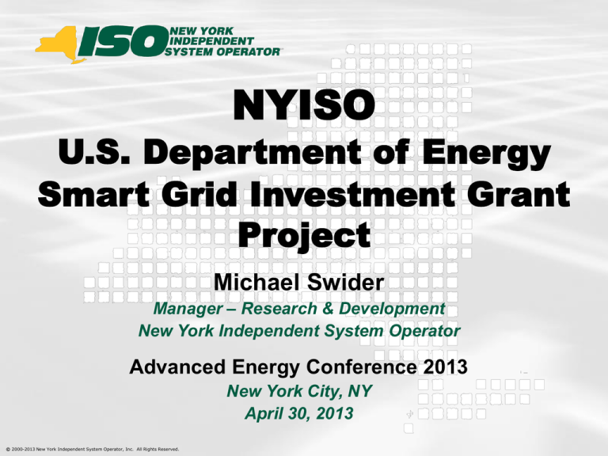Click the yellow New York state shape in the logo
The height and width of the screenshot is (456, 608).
pos(58,44)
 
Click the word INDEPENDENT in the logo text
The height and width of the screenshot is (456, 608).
pos(211,41)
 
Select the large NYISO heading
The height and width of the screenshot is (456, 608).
pos(304,104)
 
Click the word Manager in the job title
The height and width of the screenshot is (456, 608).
pos(188,309)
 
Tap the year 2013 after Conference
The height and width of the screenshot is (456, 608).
pos(445,367)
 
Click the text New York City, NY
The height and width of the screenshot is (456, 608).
pos(299,391)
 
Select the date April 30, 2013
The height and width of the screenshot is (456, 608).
pos(299,413)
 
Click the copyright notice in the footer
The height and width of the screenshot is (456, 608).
pos(93,450)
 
